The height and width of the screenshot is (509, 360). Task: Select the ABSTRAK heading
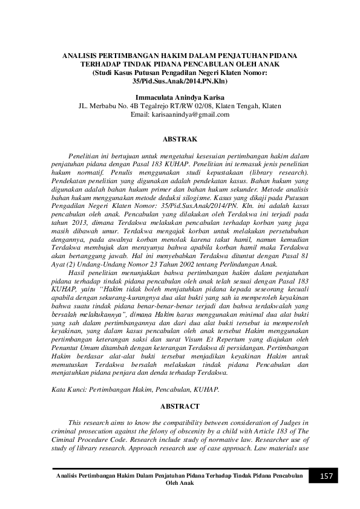tap(180, 139)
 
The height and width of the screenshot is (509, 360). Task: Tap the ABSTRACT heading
tap(180, 407)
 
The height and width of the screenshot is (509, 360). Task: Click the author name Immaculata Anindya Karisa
tap(180, 97)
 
